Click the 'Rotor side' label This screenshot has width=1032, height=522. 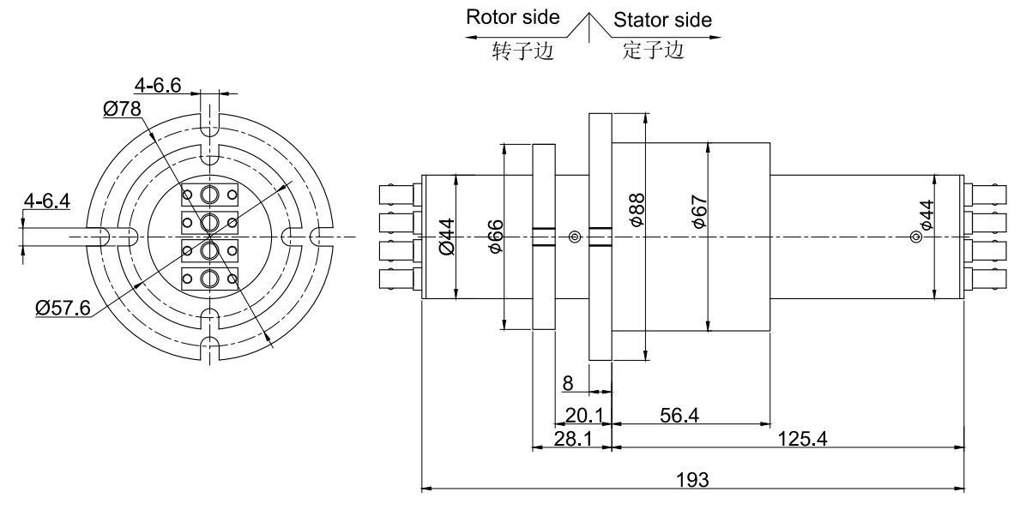coord(512,18)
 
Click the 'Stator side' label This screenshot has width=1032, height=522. coord(662,20)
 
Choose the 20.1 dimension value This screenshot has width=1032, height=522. coord(582,416)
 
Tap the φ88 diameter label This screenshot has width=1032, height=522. coord(637,209)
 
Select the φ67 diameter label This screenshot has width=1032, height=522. coord(698,211)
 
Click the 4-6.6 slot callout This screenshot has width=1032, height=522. coord(156,85)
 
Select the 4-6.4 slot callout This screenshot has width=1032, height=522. coord(47,202)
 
